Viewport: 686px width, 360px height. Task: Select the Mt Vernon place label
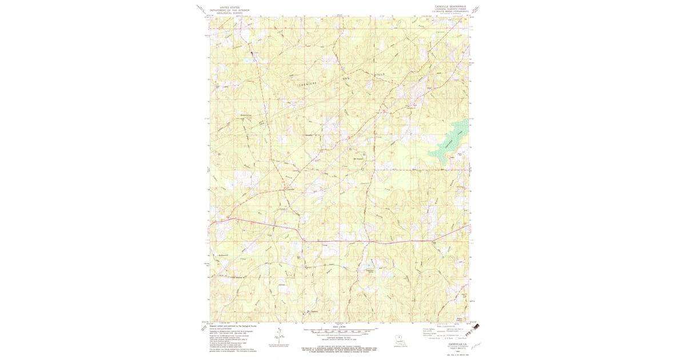tap(359, 158)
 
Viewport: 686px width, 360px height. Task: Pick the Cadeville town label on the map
tap(290, 189)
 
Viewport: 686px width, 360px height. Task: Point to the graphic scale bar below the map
tap(340, 331)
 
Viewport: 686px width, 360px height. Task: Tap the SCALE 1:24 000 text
tap(340, 327)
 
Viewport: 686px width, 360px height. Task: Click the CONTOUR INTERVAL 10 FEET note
tap(340, 339)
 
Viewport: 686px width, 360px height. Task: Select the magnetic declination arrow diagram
tap(280, 334)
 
